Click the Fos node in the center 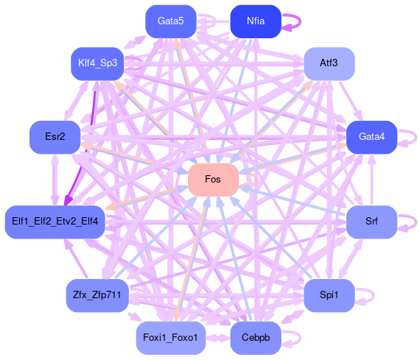(213, 180)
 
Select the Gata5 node (171, 21)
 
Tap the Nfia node (256, 21)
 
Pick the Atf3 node (329, 64)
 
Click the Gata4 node (371, 138)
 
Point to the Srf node (371, 222)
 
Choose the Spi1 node (329, 295)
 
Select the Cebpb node (256, 338)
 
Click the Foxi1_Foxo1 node (171, 338)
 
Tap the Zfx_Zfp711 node (97, 295)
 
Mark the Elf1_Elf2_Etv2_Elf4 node (55, 222)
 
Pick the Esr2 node (55, 138)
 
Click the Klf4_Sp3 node (97, 64)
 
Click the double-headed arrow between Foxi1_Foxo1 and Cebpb (218, 338)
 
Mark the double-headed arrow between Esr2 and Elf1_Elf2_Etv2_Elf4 (55, 180)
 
